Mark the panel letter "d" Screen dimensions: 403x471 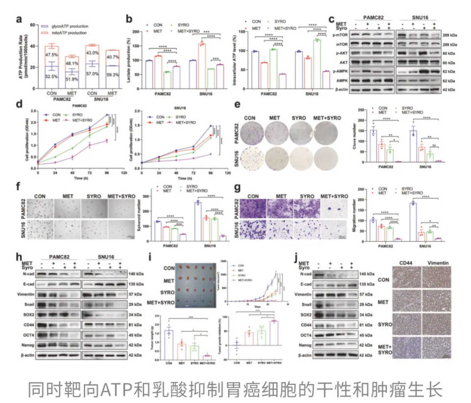(x=18, y=104)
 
